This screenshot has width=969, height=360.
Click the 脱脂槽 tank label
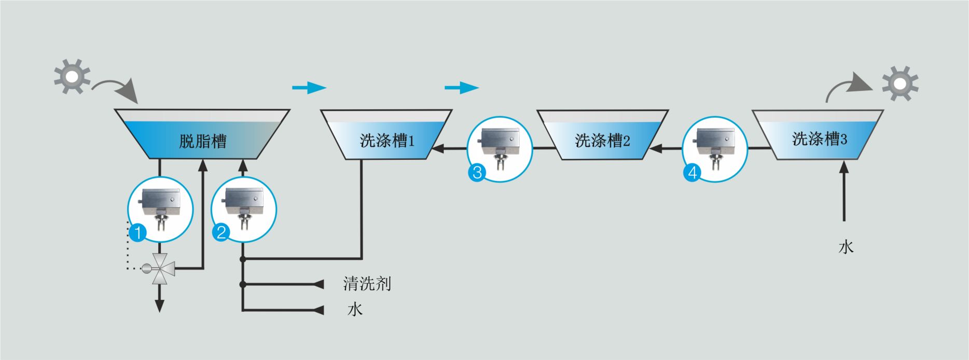203,141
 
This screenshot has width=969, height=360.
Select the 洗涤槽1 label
387,141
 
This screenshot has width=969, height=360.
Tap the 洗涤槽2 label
602,141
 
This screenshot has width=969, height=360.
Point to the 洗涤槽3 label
819,139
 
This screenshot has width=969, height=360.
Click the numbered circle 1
137,232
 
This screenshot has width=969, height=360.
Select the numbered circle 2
221,232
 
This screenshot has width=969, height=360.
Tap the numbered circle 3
477,172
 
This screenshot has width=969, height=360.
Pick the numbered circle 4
692,172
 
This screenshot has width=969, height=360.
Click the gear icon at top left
72,77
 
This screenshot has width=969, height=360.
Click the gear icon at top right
900,84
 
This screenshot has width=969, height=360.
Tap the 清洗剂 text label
367,284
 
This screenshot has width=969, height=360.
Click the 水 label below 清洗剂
355,310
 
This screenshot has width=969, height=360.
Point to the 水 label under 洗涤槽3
846,247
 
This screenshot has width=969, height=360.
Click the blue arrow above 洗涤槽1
461,88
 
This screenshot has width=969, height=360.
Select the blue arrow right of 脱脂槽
309,88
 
